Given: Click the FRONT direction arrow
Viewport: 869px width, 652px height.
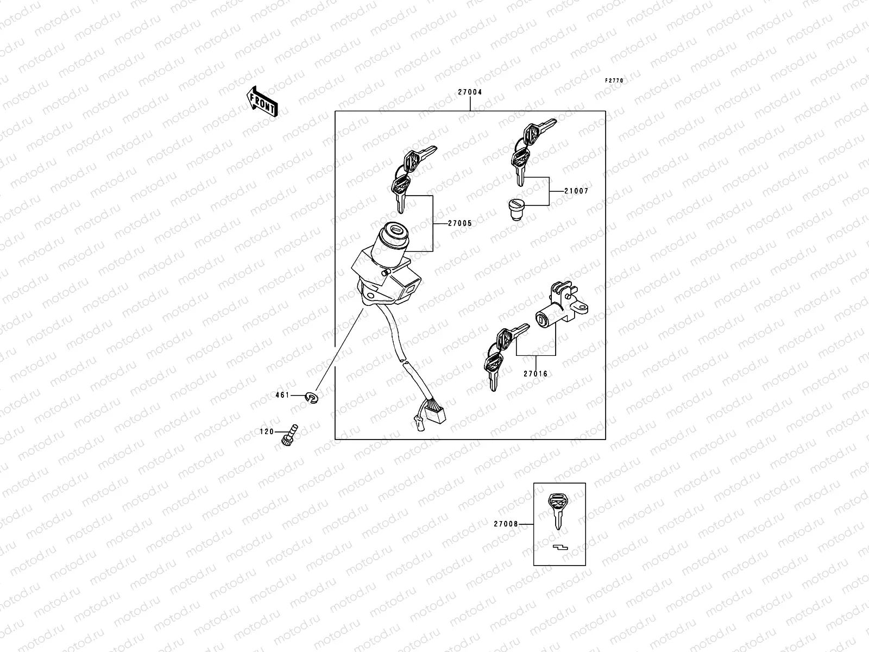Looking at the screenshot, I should (263, 102).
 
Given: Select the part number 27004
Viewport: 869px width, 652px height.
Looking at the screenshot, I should (469, 92).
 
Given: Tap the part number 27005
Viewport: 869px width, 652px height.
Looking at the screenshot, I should (460, 223).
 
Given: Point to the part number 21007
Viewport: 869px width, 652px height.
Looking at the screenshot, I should (576, 191).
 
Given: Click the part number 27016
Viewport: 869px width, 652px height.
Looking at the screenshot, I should (536, 374).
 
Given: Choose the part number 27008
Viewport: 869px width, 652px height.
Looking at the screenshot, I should (506, 524).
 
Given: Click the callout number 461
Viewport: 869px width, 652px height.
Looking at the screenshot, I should (282, 396).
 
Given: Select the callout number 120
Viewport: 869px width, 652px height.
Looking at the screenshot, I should (267, 432).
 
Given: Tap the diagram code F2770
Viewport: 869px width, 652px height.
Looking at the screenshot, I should (615, 81).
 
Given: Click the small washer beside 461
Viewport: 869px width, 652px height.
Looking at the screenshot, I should (312, 399).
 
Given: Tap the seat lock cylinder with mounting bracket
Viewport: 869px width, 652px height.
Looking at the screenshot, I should (562, 307).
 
